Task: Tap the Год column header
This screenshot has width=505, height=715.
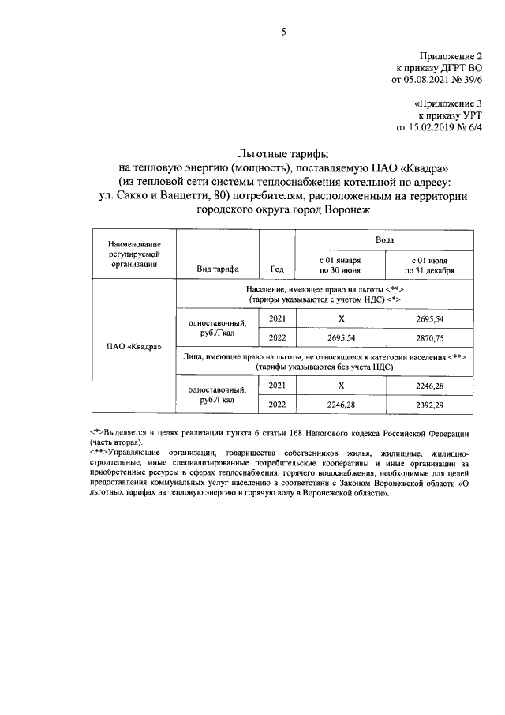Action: [276, 269]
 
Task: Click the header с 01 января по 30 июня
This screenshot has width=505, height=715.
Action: [340, 264]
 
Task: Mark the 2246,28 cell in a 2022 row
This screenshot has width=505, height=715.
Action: [340, 405]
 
